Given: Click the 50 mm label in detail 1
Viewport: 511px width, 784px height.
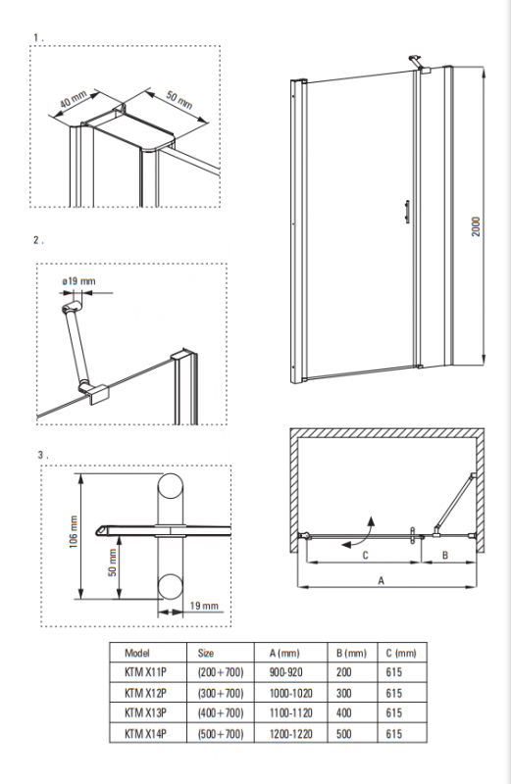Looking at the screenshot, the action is (179, 100).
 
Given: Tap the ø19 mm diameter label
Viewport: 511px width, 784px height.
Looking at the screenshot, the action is (79, 281).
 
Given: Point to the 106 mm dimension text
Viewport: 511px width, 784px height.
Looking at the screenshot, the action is (75, 531).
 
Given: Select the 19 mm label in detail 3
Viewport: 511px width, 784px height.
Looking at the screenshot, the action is (204, 606).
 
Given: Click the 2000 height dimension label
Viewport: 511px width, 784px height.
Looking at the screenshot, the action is (476, 226).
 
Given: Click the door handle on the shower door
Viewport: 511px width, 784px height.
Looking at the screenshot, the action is (407, 211).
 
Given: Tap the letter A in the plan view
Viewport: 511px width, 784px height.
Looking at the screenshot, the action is (381, 580).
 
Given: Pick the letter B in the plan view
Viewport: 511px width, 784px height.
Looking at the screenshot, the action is (445, 555).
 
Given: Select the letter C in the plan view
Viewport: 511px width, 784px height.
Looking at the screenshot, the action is (366, 555).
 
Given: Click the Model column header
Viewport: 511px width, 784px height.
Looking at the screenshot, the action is (137, 653).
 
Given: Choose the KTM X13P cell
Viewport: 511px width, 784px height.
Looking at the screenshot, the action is (145, 713).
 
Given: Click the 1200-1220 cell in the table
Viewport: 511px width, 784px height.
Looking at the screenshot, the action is (290, 733).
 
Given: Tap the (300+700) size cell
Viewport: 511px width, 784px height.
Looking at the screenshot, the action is (221, 693).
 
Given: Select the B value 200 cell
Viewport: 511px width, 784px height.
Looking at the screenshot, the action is (344, 672).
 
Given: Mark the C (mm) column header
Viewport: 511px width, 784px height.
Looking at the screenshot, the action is (401, 653).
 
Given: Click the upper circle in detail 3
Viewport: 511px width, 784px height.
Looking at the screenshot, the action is (171, 485).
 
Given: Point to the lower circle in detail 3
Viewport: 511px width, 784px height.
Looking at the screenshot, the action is (171, 586).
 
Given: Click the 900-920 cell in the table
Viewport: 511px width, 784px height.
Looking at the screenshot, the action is (285, 672).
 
